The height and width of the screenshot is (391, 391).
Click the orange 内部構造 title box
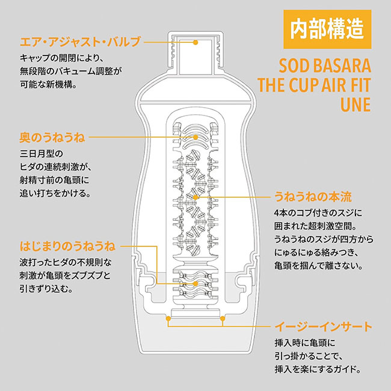[x=327, y=29]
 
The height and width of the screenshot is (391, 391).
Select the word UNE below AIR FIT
[x=356, y=104]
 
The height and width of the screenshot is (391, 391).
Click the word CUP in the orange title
[x=304, y=85]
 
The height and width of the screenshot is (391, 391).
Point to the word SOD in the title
[x=294, y=66]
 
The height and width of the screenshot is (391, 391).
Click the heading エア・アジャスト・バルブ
[x=80, y=42]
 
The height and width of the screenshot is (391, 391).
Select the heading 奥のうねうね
[x=52, y=137]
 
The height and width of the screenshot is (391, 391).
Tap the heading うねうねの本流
[x=313, y=197]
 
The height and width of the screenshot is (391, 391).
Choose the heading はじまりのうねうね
[x=67, y=246]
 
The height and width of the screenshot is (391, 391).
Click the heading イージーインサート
[x=324, y=326]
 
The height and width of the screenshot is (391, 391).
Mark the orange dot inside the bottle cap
[x=195, y=42]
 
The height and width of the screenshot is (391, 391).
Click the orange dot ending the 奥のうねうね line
[x=195, y=137]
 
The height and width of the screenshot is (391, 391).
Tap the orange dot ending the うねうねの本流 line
[x=195, y=197]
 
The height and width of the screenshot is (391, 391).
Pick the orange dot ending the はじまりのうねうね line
[x=195, y=283]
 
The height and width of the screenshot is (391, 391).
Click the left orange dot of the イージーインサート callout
[x=168, y=318]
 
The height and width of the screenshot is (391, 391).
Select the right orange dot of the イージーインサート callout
[x=223, y=318]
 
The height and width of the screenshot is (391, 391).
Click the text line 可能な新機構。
[x=49, y=85]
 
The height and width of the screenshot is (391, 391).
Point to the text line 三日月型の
[x=42, y=153]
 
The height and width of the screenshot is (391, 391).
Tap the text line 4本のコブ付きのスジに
[x=318, y=213]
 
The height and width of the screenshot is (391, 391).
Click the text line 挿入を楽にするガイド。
[x=318, y=369]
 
